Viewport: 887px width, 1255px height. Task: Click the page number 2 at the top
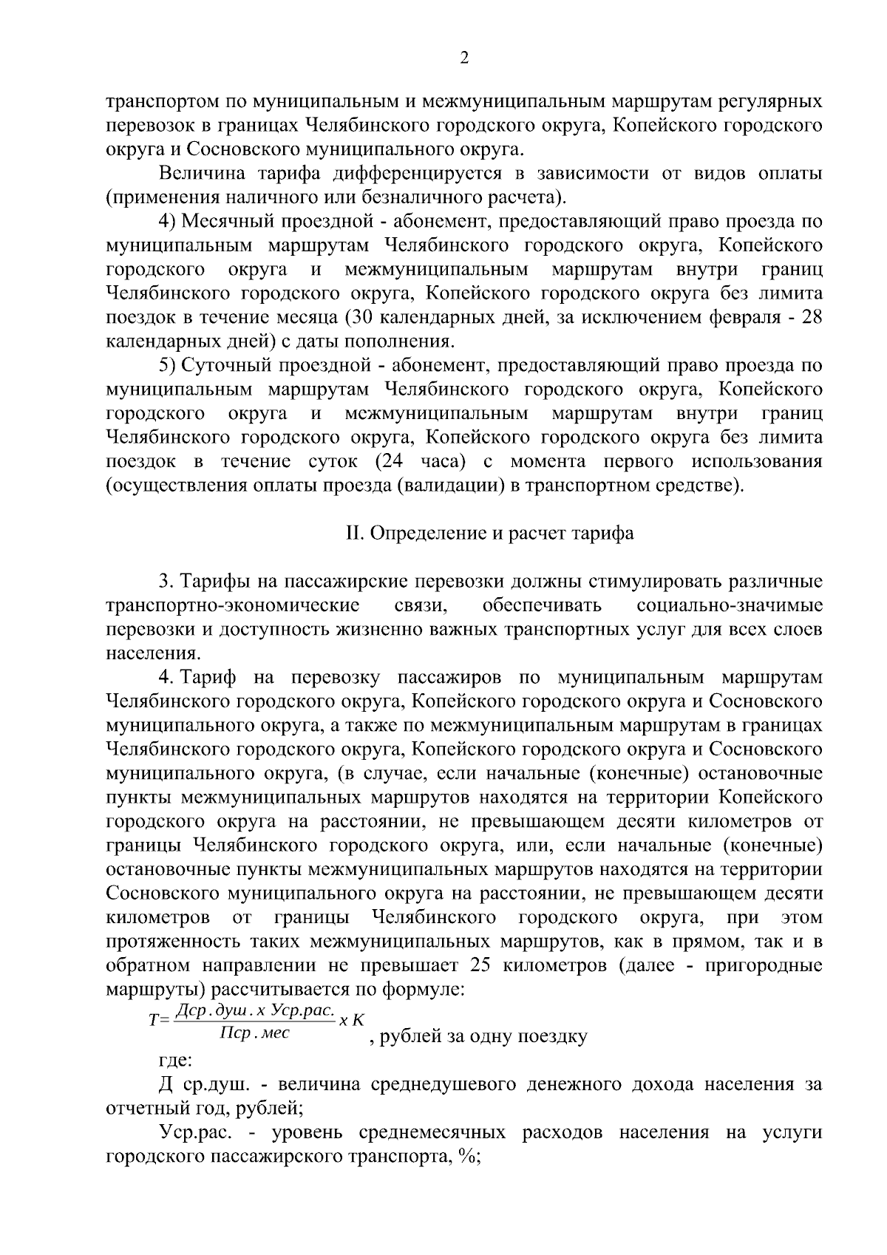tap(464, 58)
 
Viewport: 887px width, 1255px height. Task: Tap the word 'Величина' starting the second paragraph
tap(194, 174)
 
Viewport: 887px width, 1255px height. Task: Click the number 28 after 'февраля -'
tap(812, 317)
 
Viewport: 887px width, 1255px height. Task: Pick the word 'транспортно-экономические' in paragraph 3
tap(233, 606)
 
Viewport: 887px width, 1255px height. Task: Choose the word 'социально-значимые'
tap(729, 606)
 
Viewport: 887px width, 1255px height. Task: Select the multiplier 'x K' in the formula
tap(352, 1021)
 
